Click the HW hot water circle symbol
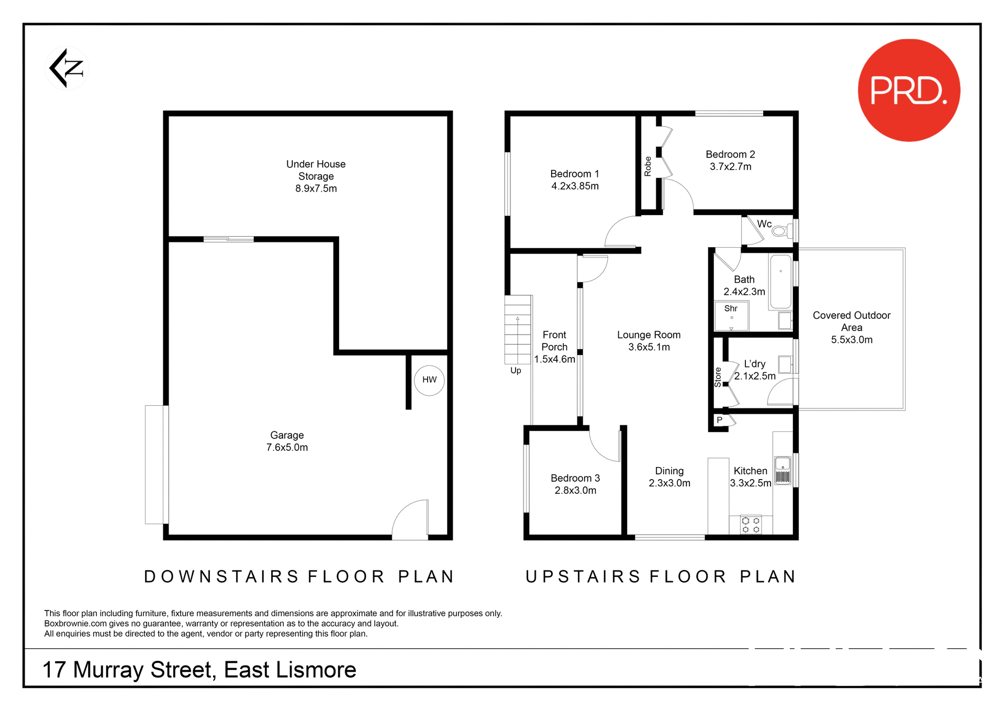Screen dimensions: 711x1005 click(429, 380)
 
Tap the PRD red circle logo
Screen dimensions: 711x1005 click(909, 90)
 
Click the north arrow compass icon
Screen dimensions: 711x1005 click(66, 68)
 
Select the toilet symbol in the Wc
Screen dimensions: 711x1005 click(782, 230)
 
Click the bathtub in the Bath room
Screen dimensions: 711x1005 click(780, 282)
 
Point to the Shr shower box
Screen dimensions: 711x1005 click(731, 316)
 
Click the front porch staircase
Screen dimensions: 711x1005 click(518, 330)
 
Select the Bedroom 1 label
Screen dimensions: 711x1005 click(574, 174)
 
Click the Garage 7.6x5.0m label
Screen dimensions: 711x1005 click(287, 441)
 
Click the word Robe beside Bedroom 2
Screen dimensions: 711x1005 click(647, 166)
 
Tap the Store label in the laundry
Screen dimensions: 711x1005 click(718, 377)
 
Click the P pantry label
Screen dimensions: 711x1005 click(719, 420)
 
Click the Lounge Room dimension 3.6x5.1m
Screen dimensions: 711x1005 click(649, 347)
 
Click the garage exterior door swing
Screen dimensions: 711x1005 click(410, 520)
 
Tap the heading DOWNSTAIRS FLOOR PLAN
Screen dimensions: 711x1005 click(299, 576)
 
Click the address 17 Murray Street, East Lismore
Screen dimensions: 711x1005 click(199, 670)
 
